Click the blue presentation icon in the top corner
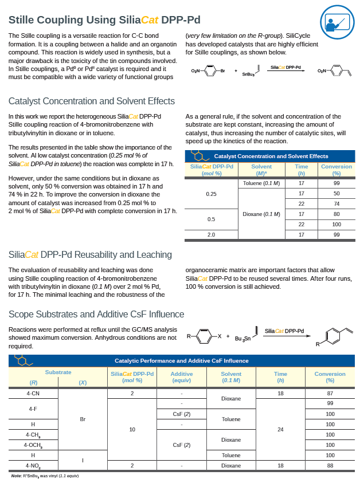336,22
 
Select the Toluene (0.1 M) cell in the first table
261,183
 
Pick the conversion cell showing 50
336,194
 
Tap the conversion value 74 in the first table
336,204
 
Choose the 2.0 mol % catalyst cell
211,234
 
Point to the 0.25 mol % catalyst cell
211,194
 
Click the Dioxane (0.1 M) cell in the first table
261,214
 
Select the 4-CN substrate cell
33,394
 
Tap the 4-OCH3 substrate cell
33,445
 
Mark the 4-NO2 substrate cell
33,466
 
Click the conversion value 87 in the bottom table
330,394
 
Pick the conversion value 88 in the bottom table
330,466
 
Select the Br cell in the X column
83,419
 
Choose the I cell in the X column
83,460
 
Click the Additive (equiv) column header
181,377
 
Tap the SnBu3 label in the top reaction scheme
249,74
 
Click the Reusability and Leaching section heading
90,254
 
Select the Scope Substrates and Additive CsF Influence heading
96,314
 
